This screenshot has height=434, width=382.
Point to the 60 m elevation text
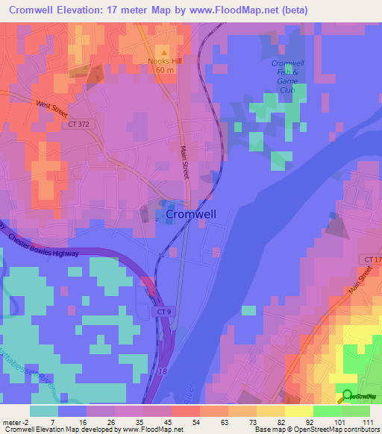tap(165, 70)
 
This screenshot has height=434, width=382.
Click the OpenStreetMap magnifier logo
tap(348, 397)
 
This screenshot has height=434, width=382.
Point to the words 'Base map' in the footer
tap(267, 430)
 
